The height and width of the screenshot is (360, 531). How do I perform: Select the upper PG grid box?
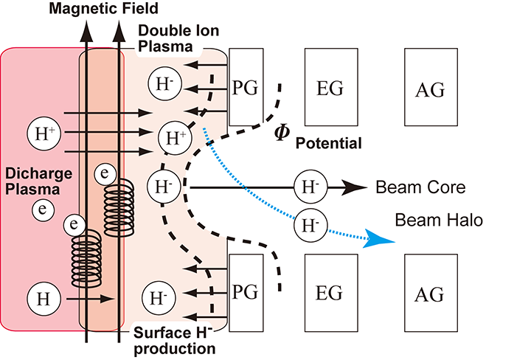246,87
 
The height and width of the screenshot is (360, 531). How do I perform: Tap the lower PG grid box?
245,291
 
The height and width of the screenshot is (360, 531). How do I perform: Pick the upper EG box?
330,87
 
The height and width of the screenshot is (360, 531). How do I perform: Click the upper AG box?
429,87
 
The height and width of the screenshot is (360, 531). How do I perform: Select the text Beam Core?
420,187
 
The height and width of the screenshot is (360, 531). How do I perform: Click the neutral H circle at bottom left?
41,299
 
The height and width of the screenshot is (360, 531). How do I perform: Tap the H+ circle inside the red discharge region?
41,133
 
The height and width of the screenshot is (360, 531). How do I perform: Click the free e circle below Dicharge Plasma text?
43,210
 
